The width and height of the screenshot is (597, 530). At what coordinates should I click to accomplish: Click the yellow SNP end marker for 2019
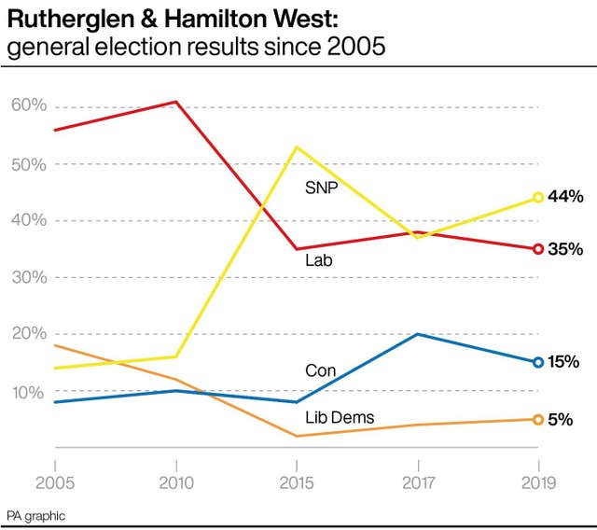538,198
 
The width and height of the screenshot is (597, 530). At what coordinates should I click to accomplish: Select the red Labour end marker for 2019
538,249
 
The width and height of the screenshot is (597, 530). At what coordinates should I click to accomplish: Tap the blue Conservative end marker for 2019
538,362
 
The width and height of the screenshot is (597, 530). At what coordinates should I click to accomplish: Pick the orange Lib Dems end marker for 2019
538,419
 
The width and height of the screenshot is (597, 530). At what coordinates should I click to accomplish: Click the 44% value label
565,197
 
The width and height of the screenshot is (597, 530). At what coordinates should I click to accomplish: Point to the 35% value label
565,249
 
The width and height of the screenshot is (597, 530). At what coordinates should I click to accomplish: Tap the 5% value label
560,420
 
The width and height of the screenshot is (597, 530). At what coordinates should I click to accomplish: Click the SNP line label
321,188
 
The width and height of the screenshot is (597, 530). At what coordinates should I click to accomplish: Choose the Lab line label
318,261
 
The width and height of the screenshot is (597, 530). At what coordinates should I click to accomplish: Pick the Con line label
320,370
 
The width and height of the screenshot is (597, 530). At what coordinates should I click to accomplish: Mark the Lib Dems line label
340,418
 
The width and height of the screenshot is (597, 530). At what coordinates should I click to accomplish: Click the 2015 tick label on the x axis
296,483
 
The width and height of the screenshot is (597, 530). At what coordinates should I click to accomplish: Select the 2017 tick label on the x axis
417,483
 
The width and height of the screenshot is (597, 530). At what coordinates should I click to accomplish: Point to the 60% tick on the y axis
29,105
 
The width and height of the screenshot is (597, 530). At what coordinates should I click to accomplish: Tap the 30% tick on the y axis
29,277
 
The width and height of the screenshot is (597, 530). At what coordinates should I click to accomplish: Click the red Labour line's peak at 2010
175,102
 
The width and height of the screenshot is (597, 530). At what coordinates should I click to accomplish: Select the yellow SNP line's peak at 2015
296,146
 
